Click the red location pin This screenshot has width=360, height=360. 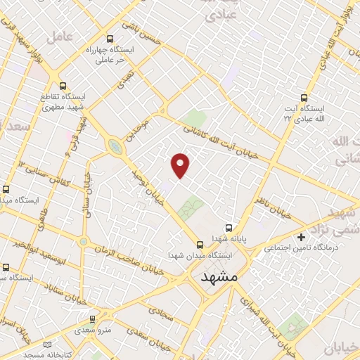[x=181, y=165]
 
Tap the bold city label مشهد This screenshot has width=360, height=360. [x=219, y=278]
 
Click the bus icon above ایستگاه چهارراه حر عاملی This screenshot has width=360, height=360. [x=110, y=39]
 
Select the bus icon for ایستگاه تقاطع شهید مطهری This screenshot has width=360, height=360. [x=63, y=86]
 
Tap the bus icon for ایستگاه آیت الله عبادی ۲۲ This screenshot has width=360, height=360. [x=304, y=98]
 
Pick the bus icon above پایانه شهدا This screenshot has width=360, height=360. [x=229, y=228]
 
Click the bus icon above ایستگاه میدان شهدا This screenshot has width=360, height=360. [x=200, y=245]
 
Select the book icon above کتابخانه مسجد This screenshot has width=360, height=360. [x=47, y=345]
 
